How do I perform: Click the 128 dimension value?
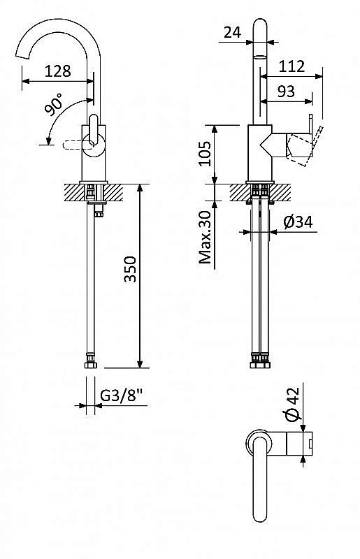pos(58,71)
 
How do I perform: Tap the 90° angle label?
pos(54,104)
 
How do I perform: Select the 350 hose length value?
pos(131,269)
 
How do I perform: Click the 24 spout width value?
pos(232,32)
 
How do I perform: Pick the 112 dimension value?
pos(291,66)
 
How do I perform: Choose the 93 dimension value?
pos(286,92)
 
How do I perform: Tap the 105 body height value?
pos(205,153)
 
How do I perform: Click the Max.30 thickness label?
pos(205,237)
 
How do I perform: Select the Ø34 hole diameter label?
pos(298,222)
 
